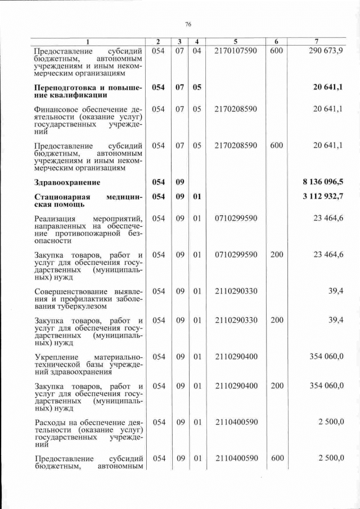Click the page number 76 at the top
pos(188,24)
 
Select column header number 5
pos(236,42)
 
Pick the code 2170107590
pos(236,51)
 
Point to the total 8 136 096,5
pos(323,182)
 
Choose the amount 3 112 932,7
pos(323,196)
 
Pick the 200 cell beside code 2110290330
pos(276,320)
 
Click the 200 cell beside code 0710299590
pos(276,255)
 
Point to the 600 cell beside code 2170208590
pos(276,145)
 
